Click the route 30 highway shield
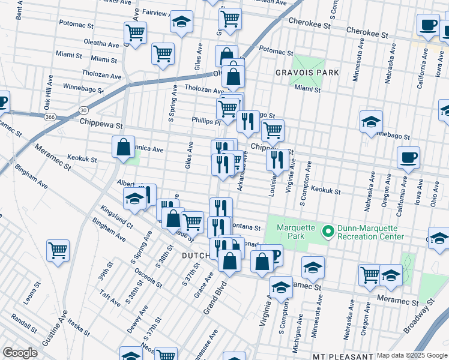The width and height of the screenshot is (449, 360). pos(83,110)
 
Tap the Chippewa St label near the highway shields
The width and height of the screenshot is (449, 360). pos(101,126)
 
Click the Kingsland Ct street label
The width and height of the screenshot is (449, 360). pos(117,217)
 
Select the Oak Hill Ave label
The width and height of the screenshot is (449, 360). pos(47,92)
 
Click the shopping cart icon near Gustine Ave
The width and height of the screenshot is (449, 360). pos(58,249)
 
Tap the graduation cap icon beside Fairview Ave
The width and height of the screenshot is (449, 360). pos(181,21)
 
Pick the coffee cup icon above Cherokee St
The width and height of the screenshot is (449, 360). pos(429,25)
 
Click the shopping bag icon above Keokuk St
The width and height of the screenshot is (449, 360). pos(123,146)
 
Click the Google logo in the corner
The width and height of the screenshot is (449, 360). pos(20,353)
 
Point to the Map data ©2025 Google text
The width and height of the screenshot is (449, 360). pos(411,355)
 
